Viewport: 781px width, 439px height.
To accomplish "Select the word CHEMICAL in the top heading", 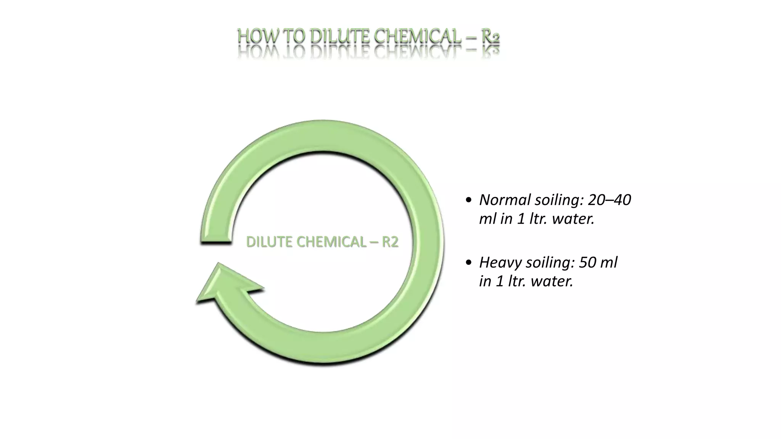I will coord(417,37).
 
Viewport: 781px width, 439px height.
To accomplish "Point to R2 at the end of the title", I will coord(490,37).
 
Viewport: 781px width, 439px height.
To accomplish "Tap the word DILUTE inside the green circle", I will coord(268,242).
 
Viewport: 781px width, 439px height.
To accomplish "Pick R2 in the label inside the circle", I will coord(390,242).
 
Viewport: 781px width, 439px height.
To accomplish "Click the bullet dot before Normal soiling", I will coord(469,200).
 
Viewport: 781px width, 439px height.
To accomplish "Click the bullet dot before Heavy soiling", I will coord(469,263).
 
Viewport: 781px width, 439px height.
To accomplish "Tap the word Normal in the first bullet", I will coord(505,200).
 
